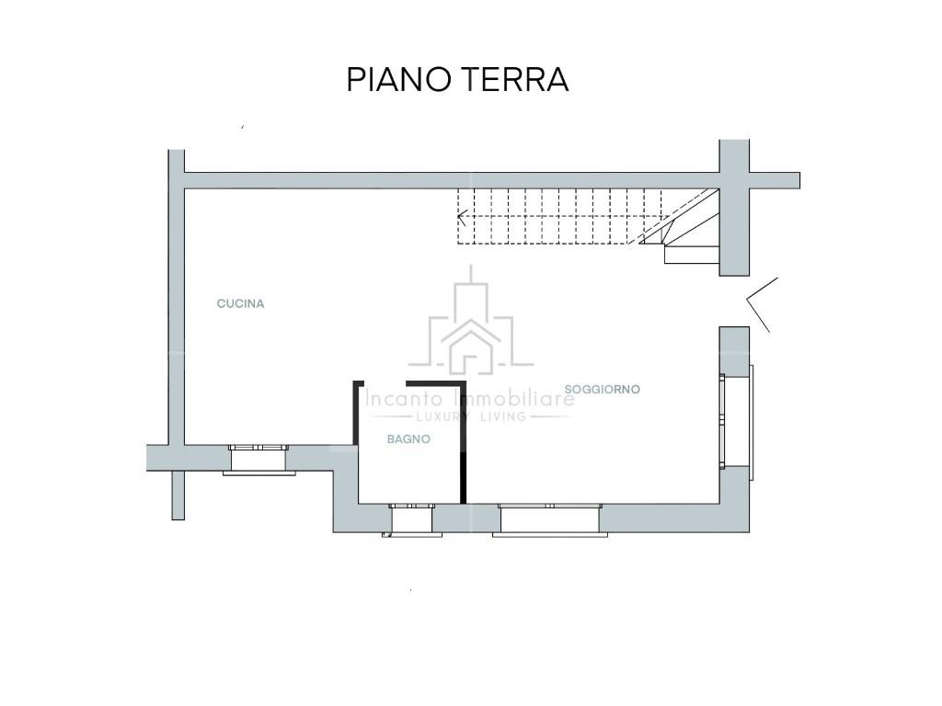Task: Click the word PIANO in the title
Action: [x=396, y=80]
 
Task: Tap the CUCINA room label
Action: [x=240, y=303]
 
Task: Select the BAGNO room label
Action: [x=408, y=439]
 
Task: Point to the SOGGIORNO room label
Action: [x=603, y=390]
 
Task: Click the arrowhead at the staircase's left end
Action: [x=463, y=218]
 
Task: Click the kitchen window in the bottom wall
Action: [x=259, y=459]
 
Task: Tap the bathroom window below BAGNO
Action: [x=411, y=519]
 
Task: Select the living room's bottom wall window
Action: [x=549, y=519]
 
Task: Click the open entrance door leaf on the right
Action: [x=762, y=303]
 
